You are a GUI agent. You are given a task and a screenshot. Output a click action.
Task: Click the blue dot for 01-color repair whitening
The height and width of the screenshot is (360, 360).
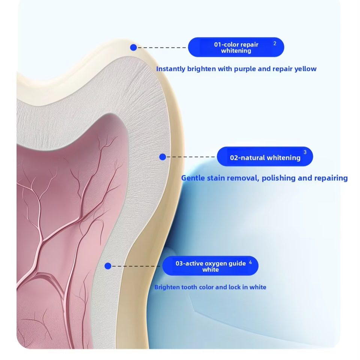(x=133, y=48)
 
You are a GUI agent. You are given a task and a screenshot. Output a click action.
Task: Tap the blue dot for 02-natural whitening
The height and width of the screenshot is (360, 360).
(x=162, y=157)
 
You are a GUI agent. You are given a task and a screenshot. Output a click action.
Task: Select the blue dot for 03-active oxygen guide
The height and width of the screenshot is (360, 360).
(x=108, y=266)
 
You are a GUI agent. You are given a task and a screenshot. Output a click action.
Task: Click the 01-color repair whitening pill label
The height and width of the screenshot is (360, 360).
(x=236, y=47)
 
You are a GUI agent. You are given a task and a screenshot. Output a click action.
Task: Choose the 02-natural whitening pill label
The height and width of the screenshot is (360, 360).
(x=265, y=157)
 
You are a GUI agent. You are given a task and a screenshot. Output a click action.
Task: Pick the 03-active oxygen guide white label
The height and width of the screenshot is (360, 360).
(x=210, y=266)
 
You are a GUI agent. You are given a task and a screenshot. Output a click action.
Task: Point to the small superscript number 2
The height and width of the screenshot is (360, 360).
(x=275, y=43)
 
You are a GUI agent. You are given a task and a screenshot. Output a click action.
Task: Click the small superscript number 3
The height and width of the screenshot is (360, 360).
(x=305, y=152)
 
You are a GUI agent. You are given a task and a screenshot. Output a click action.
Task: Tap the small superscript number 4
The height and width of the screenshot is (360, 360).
(x=250, y=262)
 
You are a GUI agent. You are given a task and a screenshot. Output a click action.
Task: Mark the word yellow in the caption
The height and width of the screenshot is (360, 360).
(x=305, y=69)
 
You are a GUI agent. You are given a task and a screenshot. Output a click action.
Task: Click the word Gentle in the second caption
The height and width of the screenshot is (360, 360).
(x=193, y=178)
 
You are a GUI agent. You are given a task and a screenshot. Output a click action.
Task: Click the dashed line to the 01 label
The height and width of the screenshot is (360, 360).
(x=162, y=48)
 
